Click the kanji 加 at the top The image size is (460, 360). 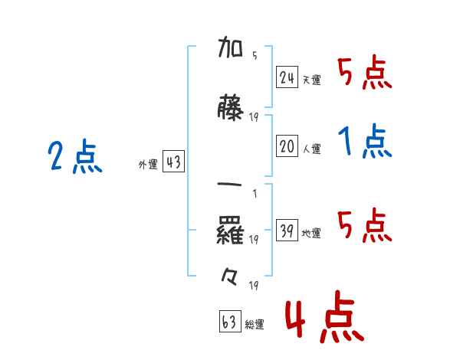point(230,51)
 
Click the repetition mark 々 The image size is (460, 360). point(230,277)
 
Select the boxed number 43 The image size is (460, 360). point(173,162)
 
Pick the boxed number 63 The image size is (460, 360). point(230,322)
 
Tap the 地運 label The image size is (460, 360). point(311,234)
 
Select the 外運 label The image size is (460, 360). point(147,165)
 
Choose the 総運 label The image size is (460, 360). point(255,325)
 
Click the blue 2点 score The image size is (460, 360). point(75,158)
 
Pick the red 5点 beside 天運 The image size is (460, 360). point(365,73)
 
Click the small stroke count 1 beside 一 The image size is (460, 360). point(254,193)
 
